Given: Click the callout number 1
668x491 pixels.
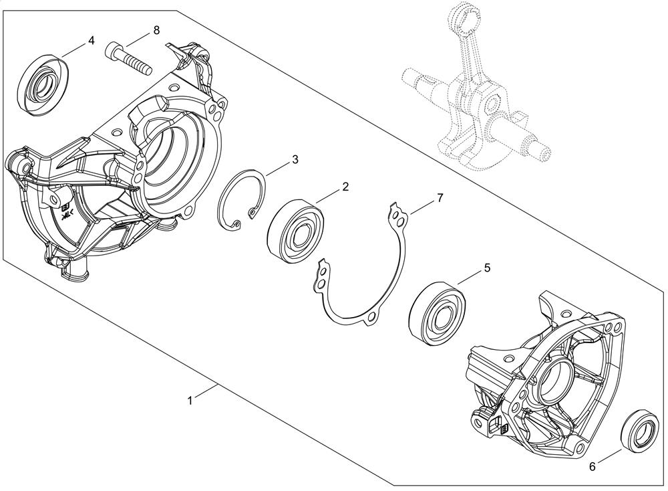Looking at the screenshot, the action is pyautogui.click(x=190, y=401).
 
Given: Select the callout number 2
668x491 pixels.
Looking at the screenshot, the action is pyautogui.click(x=345, y=187).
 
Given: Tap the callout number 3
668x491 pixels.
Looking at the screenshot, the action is pyautogui.click(x=295, y=160).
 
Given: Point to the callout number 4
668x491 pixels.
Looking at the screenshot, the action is pyautogui.click(x=91, y=40).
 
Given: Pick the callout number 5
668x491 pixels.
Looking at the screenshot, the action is pyautogui.click(x=488, y=268).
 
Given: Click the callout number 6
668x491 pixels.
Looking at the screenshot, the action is pyautogui.click(x=592, y=467).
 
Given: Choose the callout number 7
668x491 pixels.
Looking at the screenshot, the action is pyautogui.click(x=440, y=198).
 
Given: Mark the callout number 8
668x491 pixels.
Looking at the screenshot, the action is pyautogui.click(x=156, y=30).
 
